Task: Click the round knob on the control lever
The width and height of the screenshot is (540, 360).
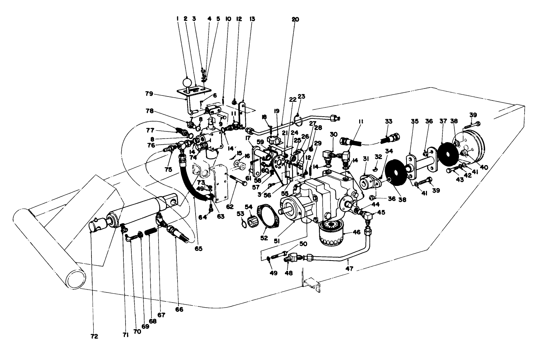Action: pyautogui.click(x=188, y=82)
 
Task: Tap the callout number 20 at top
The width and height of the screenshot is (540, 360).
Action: pyautogui.click(x=295, y=19)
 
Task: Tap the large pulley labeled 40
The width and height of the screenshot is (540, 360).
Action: pyautogui.click(x=470, y=148)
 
